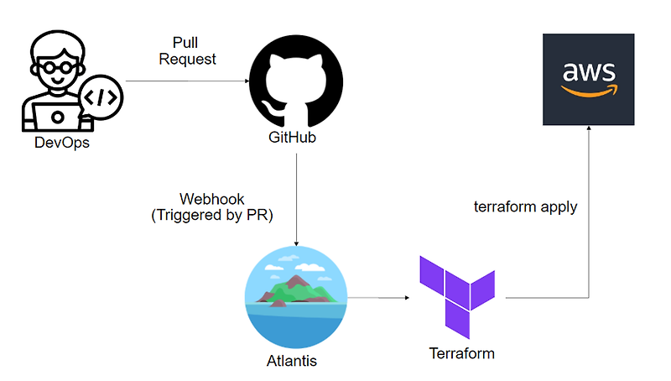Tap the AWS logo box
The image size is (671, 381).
(x=588, y=79)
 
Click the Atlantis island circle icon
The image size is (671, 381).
(x=295, y=300)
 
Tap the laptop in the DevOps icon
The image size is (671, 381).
(x=56, y=115)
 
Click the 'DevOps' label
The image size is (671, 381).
(x=61, y=144)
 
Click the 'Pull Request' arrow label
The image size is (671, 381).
(x=187, y=50)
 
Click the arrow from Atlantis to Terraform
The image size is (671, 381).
(x=377, y=297)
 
